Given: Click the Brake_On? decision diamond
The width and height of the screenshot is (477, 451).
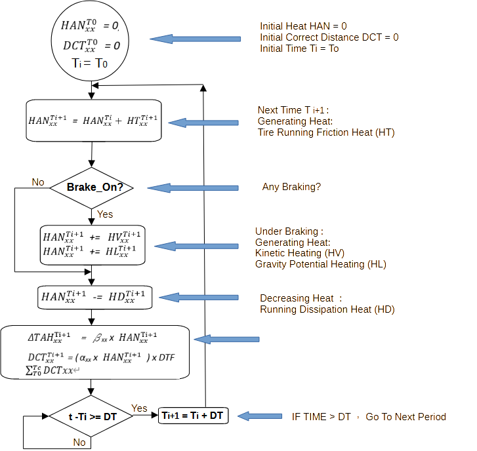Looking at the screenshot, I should click(x=93, y=187).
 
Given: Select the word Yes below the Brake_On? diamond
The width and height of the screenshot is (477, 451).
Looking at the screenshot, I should click(x=105, y=214).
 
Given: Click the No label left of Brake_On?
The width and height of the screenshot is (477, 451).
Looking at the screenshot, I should click(x=39, y=182).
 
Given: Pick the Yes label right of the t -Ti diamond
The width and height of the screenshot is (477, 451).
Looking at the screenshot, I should click(x=140, y=408).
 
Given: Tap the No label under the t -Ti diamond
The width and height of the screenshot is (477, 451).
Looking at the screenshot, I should click(x=79, y=442).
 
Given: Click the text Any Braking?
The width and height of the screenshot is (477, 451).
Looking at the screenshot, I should click(x=291, y=187).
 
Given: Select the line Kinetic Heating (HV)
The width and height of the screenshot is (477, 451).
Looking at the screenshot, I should click(x=300, y=253).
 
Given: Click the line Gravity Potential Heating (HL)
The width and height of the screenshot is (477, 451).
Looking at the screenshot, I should click(x=320, y=264).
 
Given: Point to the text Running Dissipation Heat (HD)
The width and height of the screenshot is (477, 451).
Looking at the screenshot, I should click(x=327, y=309).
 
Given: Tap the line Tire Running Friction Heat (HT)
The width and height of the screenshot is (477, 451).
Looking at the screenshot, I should click(x=326, y=132).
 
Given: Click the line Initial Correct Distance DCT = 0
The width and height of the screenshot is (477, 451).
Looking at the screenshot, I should click(x=329, y=37).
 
